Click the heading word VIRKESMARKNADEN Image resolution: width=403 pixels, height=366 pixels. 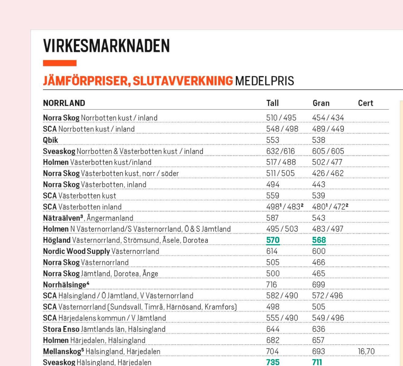tap(106, 46)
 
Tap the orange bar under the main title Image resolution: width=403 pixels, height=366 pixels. tap(59, 63)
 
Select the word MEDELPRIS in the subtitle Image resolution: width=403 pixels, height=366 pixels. tap(264, 81)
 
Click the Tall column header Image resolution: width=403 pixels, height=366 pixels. tap(272, 103)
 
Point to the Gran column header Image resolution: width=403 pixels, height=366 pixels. tap(321, 103)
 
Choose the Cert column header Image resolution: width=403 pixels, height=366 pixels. tap(365, 103)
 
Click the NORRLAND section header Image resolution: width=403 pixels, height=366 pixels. tap(64, 103)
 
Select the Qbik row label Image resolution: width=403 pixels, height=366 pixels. tap(50, 140)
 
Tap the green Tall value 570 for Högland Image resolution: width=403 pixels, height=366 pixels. tap(273, 240)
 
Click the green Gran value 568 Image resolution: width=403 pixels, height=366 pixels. tap(319, 240)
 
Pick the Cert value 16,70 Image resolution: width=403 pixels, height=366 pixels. tap(366, 352)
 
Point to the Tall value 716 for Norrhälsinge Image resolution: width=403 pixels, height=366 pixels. tap(271, 285)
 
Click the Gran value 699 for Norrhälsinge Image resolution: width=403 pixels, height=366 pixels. tap(318, 285)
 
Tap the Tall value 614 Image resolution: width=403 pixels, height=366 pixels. tap(272, 251)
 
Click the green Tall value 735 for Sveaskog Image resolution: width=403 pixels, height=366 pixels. tap(273, 362)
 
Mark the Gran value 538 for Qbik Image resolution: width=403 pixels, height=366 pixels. tap(318, 140)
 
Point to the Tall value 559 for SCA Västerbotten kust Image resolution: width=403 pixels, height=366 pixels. tap(272, 196)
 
